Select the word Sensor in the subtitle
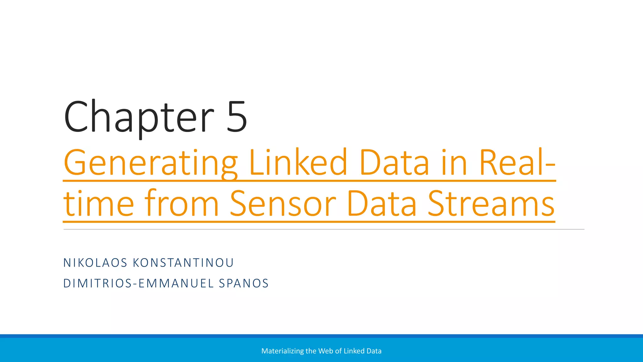click(283, 204)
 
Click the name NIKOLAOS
click(95, 263)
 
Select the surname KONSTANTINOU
click(183, 263)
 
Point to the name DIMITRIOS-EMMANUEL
click(138, 283)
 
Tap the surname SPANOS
click(244, 283)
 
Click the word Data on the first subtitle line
click(394, 163)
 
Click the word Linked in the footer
click(352, 351)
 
